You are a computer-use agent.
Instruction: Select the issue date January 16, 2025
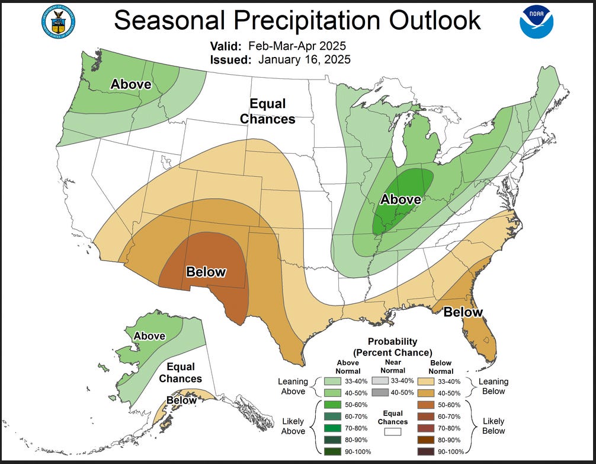pos(303,59)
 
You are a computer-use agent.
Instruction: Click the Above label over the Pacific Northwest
pos(131,85)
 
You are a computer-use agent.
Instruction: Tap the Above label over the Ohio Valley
pos(400,199)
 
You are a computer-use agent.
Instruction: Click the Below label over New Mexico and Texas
pos(206,272)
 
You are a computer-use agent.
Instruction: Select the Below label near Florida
pos(463,312)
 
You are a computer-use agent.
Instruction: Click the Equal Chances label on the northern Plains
pos(267,112)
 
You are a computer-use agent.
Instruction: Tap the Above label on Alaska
pos(149,336)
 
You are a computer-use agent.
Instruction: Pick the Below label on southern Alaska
pos(181,401)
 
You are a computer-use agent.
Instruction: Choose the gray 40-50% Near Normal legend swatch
pos(380,393)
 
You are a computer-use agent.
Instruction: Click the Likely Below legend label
pos(494,425)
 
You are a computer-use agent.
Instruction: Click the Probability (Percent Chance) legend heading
pos(392,347)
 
